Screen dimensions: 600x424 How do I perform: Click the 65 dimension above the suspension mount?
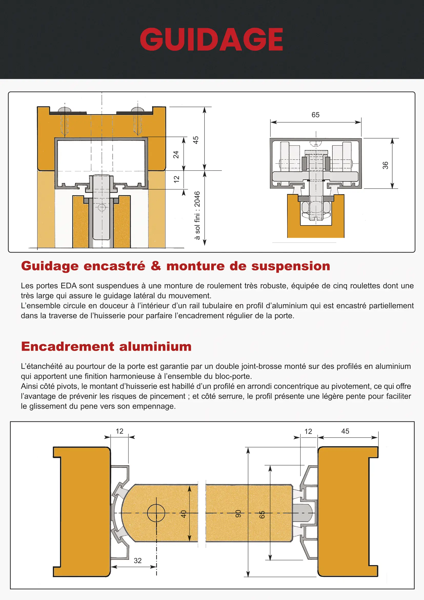tap(315, 115)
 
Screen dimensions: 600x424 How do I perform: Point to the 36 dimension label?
tap(385, 165)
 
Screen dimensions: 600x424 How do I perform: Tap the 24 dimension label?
tap(176, 155)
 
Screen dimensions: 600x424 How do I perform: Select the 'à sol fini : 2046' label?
tap(197, 215)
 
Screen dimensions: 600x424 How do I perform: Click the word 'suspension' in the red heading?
tap(291, 266)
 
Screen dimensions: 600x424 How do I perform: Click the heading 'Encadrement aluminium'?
tap(106, 347)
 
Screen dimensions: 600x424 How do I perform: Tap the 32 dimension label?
tap(138, 560)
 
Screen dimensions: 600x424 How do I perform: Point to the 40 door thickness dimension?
tap(184, 514)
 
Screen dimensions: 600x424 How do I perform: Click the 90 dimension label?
tap(238, 514)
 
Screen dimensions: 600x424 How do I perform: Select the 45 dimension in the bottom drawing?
tap(345, 431)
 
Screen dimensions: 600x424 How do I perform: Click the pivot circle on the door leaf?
tap(156, 513)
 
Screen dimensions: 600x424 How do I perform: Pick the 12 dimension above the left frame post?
tap(119, 431)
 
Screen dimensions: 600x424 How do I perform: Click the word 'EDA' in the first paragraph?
tap(69, 286)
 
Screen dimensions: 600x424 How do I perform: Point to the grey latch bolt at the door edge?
tap(303, 513)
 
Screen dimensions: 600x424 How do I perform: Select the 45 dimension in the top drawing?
tap(196, 140)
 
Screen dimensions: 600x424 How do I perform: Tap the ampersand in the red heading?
tap(156, 266)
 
